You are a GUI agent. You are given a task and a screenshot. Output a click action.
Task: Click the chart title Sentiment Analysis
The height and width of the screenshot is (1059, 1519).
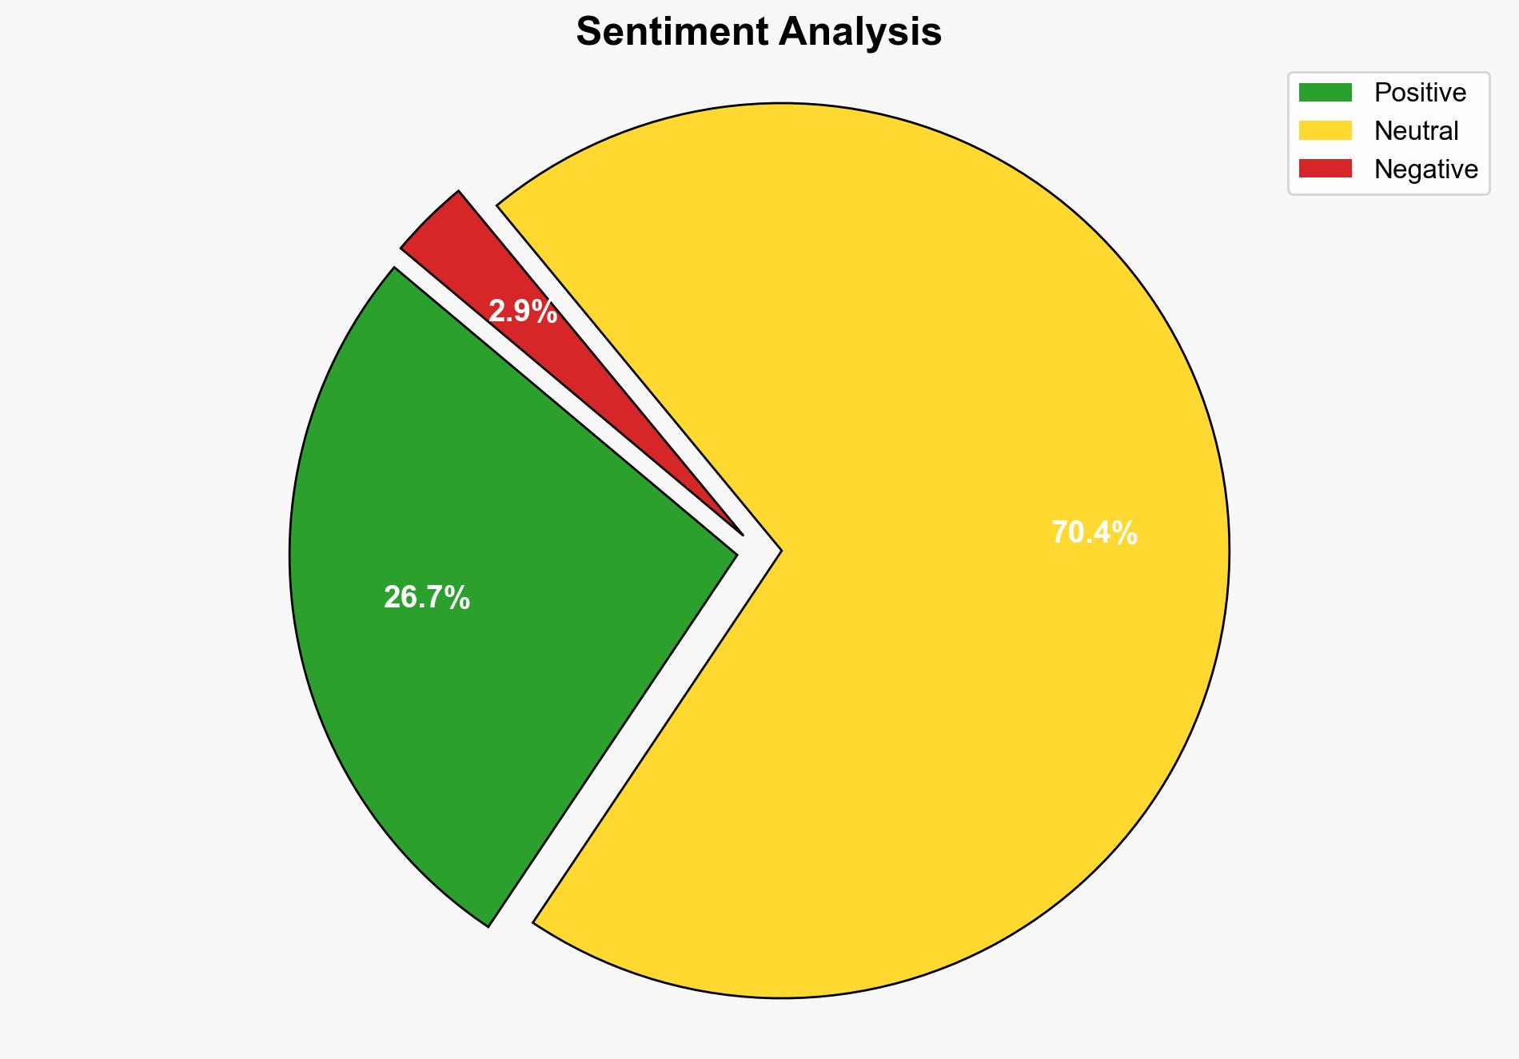(759, 33)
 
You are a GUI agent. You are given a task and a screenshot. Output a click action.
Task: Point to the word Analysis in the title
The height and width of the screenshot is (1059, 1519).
(860, 33)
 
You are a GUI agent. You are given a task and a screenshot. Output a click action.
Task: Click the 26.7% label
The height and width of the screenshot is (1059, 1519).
(426, 598)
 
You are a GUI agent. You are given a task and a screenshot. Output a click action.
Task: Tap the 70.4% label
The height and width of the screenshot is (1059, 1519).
(1094, 533)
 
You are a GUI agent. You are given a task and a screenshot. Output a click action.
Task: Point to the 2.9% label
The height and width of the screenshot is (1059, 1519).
(523, 312)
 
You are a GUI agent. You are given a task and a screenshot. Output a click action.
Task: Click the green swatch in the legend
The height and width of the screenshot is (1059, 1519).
(1325, 93)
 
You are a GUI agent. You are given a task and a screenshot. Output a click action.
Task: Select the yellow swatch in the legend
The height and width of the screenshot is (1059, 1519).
(1325, 130)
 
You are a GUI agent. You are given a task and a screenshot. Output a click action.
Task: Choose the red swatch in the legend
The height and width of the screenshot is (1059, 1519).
(1325, 169)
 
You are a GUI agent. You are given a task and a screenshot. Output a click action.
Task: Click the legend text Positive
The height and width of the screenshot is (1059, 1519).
(1420, 93)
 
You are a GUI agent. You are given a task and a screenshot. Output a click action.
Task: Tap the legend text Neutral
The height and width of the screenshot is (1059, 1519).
(1416, 130)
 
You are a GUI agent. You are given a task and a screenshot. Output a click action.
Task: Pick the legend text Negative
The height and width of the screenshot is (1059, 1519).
(1425, 169)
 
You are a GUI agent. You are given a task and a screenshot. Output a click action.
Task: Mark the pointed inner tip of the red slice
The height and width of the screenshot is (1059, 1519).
(742, 533)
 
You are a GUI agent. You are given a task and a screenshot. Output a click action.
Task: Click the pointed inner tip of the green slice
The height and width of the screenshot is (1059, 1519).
(734, 552)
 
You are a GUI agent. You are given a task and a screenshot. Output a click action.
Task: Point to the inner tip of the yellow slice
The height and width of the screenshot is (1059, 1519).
(779, 550)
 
